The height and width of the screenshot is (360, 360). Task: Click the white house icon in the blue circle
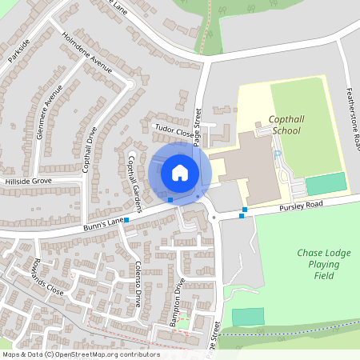pos(180,172)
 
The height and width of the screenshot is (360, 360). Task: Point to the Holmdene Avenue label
pos(88,53)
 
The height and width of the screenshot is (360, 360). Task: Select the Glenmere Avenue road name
pos(45,112)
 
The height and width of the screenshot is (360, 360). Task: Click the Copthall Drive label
pos(85,149)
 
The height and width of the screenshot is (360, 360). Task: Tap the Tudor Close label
pos(174,128)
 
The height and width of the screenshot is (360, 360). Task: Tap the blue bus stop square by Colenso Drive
pos(126,218)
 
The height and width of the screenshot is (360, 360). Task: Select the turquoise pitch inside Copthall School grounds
pos(326,183)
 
